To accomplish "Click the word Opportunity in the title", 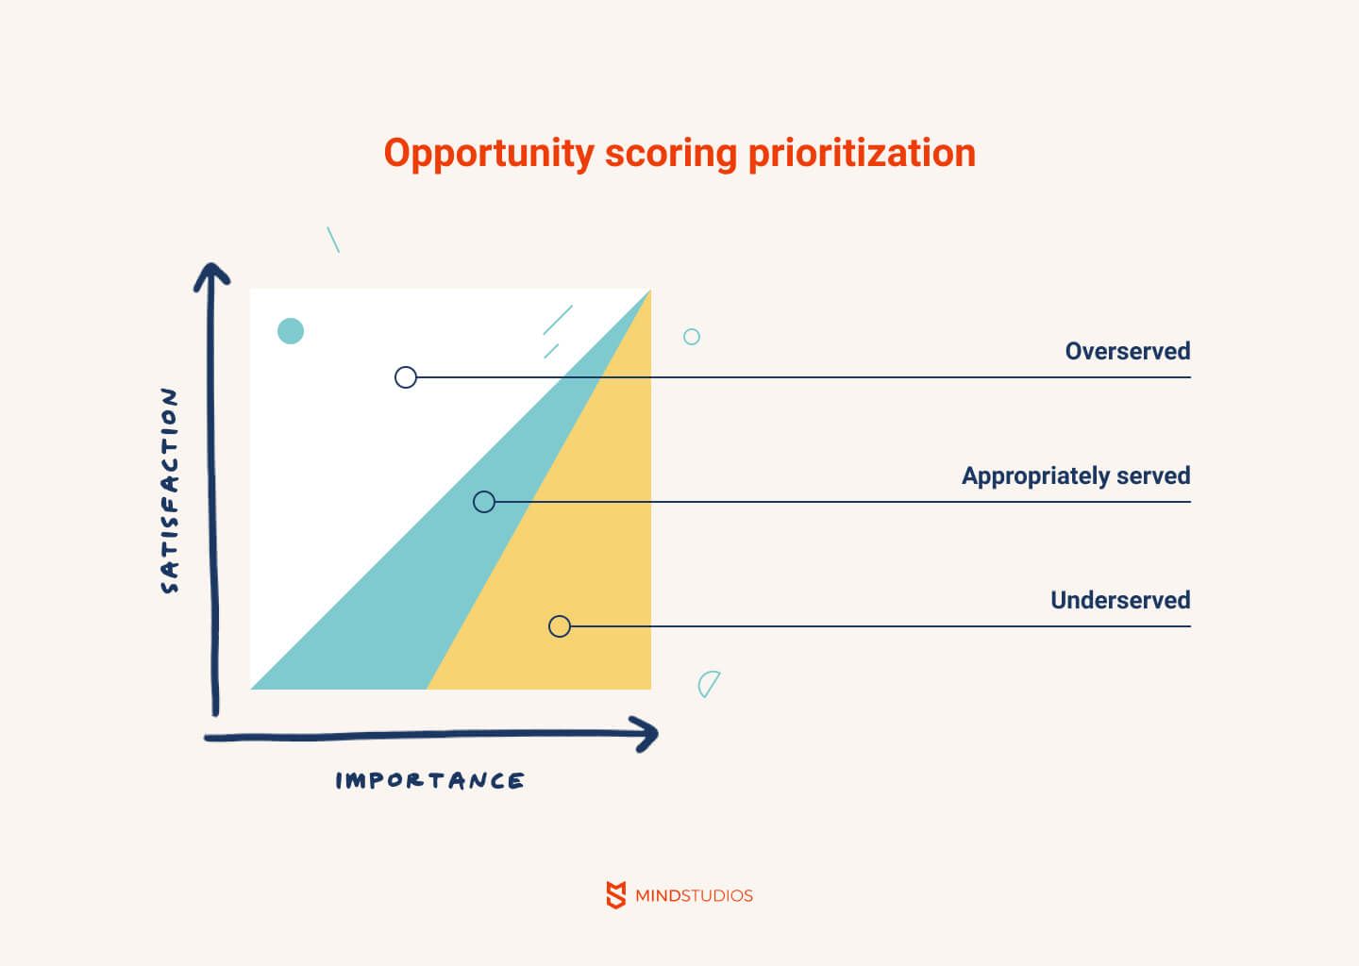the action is pyautogui.click(x=489, y=154).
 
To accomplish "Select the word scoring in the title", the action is pyautogui.click(x=671, y=154).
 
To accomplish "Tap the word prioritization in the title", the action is pyautogui.click(x=863, y=154).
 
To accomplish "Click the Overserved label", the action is pyautogui.click(x=1127, y=351).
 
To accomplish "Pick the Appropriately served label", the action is pyautogui.click(x=1076, y=476).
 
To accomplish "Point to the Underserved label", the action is pyautogui.click(x=1120, y=600).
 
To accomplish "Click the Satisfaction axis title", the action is pyautogui.click(x=169, y=490).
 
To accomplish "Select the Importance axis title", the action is pyautogui.click(x=429, y=780).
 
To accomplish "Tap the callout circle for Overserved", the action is pyautogui.click(x=406, y=367).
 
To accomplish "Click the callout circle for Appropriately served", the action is pyautogui.click(x=484, y=491).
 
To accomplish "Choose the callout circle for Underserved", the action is pyautogui.click(x=560, y=616).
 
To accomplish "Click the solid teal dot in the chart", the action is pyautogui.click(x=291, y=331).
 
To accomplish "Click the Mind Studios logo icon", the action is pyautogui.click(x=615, y=895).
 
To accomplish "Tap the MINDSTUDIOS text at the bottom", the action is pyautogui.click(x=694, y=895).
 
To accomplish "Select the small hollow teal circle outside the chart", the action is pyautogui.click(x=692, y=329).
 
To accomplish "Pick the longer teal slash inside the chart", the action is pyautogui.click(x=558, y=320).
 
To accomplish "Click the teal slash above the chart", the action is pyautogui.click(x=333, y=240).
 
